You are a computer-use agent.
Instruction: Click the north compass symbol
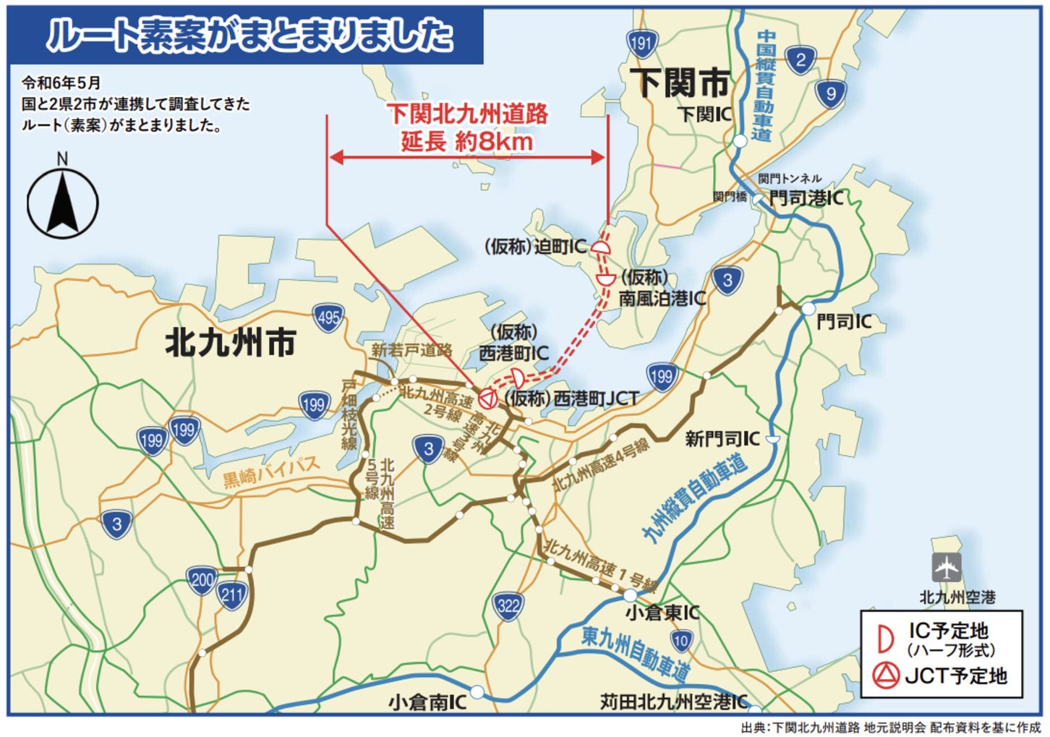tap(62, 203)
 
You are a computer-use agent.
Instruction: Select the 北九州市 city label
tap(231, 342)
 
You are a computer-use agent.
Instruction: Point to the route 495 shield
tap(328, 317)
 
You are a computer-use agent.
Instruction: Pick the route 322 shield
tap(508, 605)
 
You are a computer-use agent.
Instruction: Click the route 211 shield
tap(231, 595)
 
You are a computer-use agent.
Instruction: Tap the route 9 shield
tap(830, 93)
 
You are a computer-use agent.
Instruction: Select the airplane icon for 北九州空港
tap(946, 568)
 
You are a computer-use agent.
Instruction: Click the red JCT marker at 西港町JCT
tap(488, 397)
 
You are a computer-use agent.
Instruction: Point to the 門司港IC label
tap(806, 197)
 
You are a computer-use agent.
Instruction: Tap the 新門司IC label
tap(722, 438)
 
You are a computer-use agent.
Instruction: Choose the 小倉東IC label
tap(662, 613)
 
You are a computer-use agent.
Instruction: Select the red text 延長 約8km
tap(467, 141)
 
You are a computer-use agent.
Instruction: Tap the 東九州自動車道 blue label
tap(635, 653)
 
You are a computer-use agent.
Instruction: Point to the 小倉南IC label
tap(427, 702)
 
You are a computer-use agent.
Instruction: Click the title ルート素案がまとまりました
tap(249, 35)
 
